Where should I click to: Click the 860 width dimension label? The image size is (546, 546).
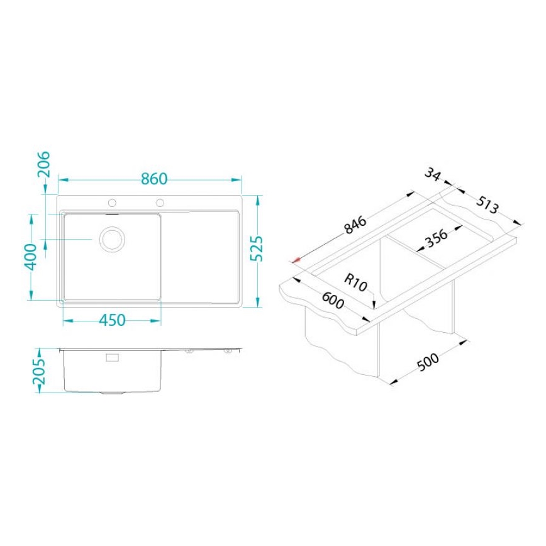(x=153, y=179)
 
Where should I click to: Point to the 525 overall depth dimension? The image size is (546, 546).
(x=257, y=251)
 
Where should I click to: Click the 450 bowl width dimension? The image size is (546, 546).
(x=112, y=320)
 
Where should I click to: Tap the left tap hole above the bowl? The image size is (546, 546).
(x=113, y=203)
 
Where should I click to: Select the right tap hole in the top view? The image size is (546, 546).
(x=160, y=203)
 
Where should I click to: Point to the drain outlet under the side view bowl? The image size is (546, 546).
(x=113, y=393)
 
